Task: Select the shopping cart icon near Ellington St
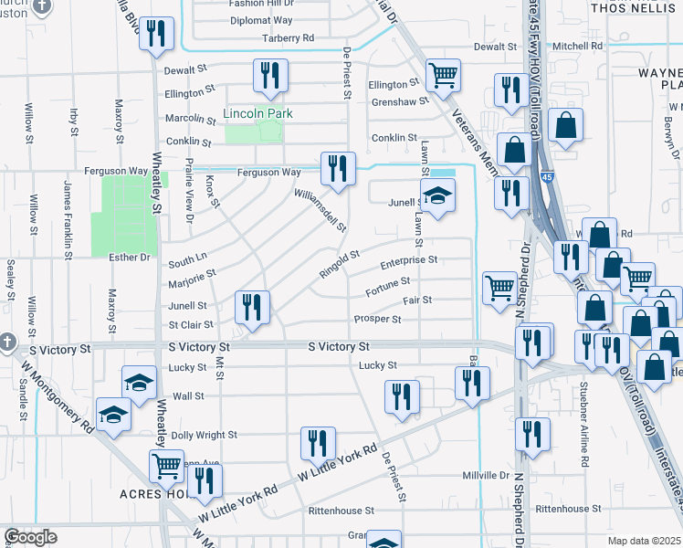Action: coord(443,77)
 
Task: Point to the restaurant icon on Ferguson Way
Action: coord(338,169)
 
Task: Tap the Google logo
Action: coord(29,537)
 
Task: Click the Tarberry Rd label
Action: coord(288,38)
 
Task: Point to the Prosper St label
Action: coord(378,319)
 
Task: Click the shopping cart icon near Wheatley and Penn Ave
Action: coord(167,465)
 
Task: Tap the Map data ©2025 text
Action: coord(644,541)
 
